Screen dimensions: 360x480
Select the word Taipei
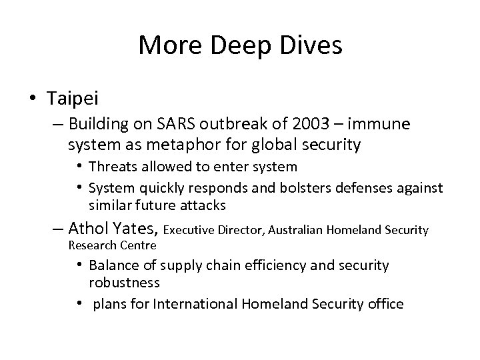pos(73,99)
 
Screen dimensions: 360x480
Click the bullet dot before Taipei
pos(32,99)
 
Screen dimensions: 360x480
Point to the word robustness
pos(125,282)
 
